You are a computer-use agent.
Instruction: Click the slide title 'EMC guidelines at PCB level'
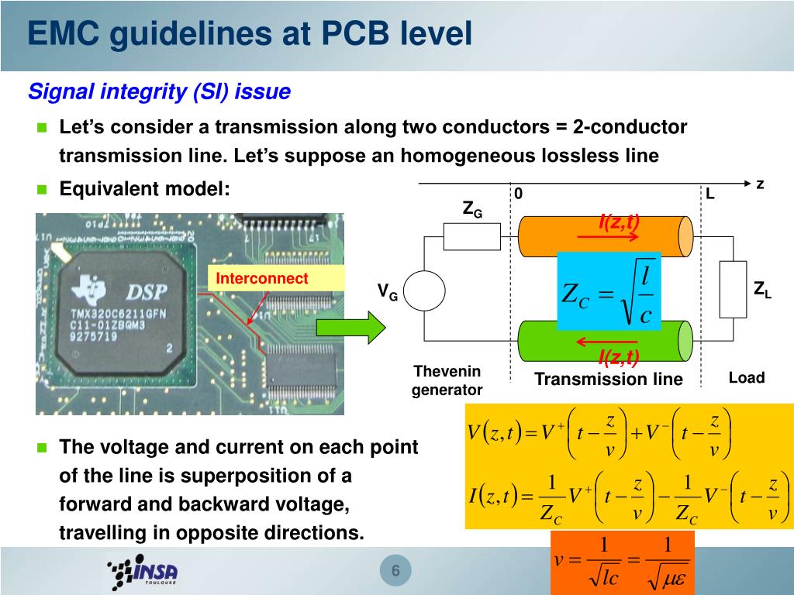[x=249, y=35]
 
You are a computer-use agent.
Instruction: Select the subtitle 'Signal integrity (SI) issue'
[x=159, y=92]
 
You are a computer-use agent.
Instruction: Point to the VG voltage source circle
[x=425, y=291]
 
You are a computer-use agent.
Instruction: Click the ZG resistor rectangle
[x=471, y=236]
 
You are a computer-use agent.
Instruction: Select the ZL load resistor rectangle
[x=733, y=290]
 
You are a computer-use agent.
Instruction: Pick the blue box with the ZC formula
[x=609, y=291]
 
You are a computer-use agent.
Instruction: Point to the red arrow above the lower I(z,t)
[x=607, y=342]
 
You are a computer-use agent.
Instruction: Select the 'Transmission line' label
[x=609, y=380]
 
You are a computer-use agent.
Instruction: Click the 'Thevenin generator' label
[x=447, y=380]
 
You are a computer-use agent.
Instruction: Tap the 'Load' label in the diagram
[x=746, y=378]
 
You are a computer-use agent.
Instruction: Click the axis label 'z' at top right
[x=760, y=184]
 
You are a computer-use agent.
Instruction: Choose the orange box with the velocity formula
[x=622, y=563]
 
